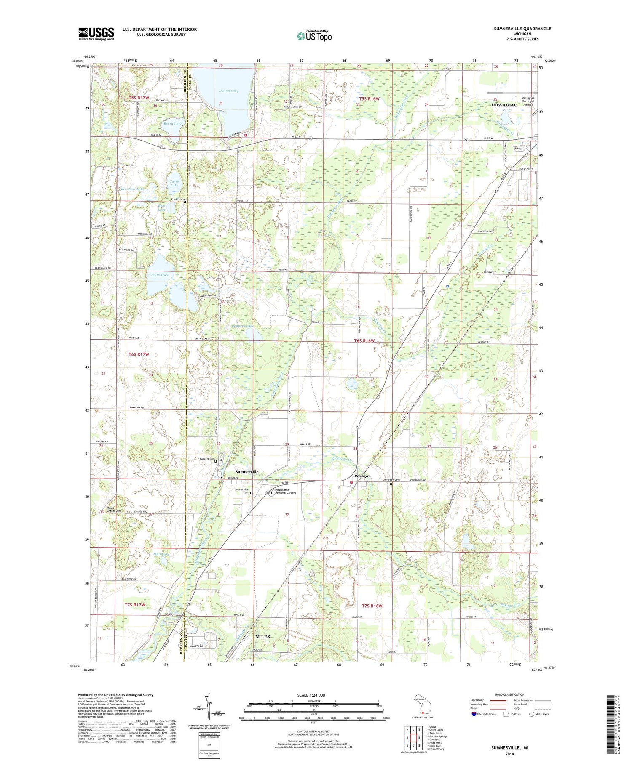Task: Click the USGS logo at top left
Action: (96, 34)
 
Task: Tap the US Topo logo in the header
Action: (314, 36)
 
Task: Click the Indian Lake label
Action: (229, 91)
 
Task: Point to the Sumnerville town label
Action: (247, 472)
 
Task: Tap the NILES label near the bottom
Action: (262, 637)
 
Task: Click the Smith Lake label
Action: (159, 275)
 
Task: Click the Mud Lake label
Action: (161, 554)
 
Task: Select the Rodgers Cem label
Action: (206, 459)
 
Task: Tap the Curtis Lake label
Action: (174, 183)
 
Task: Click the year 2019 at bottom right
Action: (510, 754)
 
